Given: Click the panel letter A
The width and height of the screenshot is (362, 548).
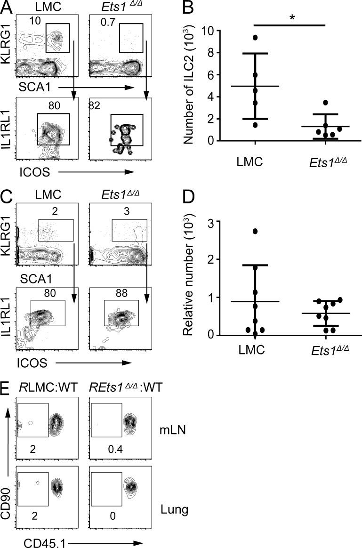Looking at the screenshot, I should (x=7, y=7).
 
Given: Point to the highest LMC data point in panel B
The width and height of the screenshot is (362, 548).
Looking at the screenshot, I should (x=255, y=37).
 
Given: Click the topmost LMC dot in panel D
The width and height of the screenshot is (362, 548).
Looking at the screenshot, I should (x=255, y=231).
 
